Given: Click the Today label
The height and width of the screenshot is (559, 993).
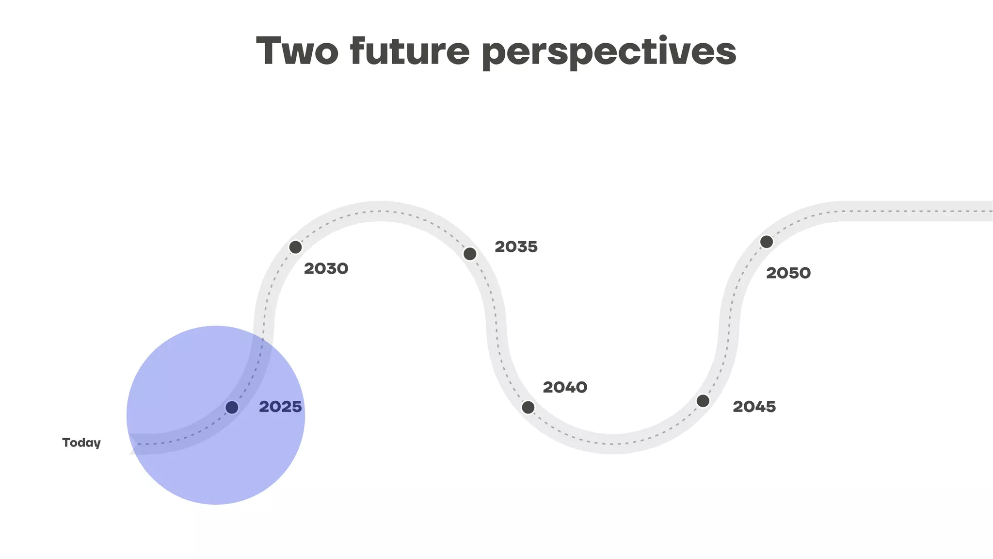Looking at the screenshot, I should [x=81, y=443].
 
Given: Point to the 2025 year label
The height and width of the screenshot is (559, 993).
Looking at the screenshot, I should [x=280, y=407].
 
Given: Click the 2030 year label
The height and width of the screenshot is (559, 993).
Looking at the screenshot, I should [x=326, y=268].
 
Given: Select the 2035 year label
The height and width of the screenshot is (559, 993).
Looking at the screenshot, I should [x=516, y=247].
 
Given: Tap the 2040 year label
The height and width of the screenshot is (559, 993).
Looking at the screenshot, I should [x=565, y=387].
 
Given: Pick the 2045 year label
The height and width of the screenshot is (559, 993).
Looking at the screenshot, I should [x=754, y=407].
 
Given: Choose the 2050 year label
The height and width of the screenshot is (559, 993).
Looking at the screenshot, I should [x=788, y=273].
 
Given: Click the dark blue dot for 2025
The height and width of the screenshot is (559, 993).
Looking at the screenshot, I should [x=232, y=407].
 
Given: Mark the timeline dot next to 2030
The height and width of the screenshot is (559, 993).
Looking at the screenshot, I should [x=296, y=247].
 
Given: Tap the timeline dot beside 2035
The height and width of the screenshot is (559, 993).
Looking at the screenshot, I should [x=470, y=253].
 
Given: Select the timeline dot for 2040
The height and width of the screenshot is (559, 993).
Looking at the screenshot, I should [x=528, y=407].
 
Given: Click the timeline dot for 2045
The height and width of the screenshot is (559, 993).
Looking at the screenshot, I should [x=703, y=401].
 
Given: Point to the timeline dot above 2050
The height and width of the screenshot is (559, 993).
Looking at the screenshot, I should [x=767, y=242].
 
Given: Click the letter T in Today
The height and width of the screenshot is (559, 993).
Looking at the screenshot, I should [x=66, y=443].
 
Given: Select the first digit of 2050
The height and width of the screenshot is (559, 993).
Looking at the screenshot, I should [x=771, y=273].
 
